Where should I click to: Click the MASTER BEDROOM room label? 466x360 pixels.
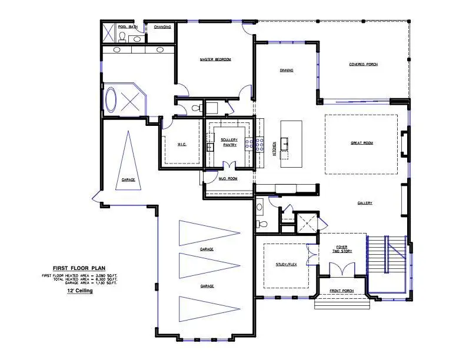point(215,59)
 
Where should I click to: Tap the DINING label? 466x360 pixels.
point(287,71)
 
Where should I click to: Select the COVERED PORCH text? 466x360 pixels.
point(363,64)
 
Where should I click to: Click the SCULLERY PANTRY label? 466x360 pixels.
point(229,142)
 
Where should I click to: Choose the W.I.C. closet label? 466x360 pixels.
point(182,144)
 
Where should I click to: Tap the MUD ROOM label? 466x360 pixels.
point(228,178)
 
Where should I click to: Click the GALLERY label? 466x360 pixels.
point(365,203)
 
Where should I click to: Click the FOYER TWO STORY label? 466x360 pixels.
point(343,249)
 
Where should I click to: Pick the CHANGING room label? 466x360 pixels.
point(163,27)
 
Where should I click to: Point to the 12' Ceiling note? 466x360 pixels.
point(79,290)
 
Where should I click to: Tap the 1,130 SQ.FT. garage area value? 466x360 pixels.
point(107,283)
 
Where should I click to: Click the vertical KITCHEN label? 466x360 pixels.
point(274,148)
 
